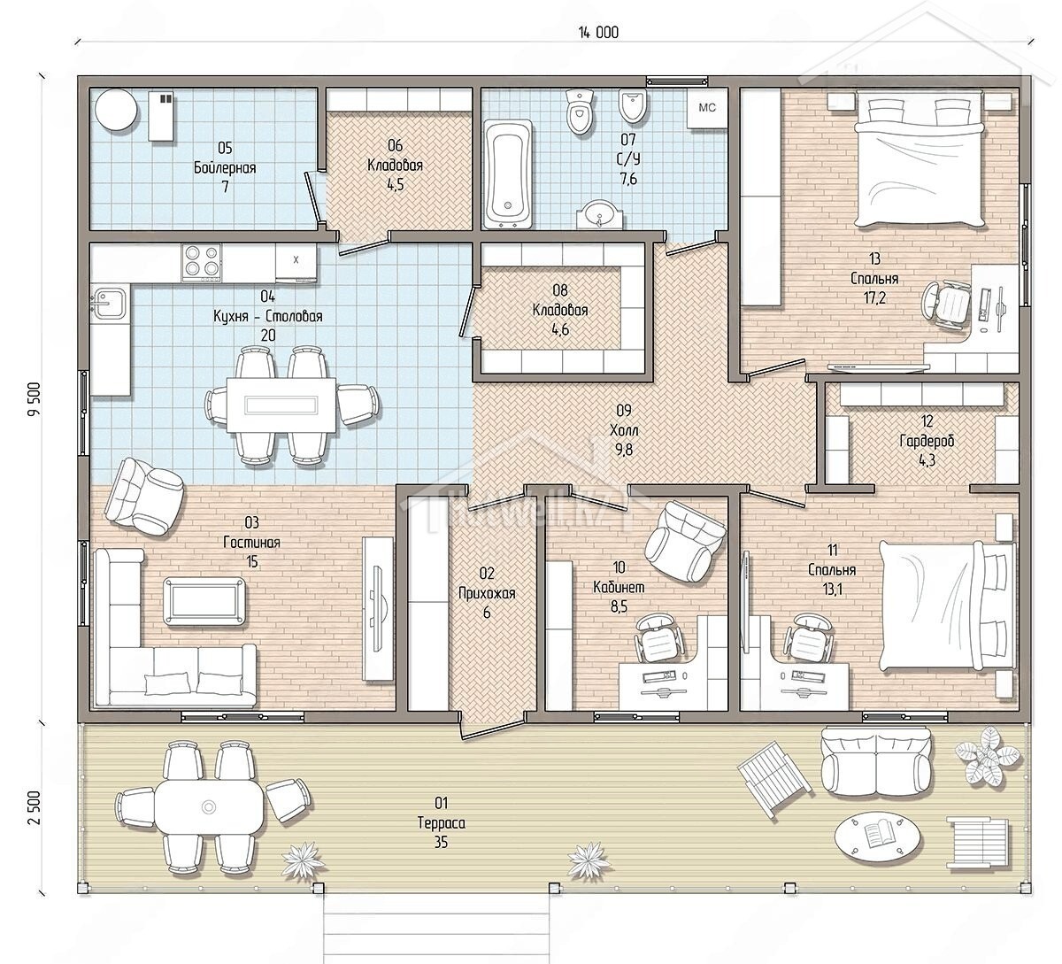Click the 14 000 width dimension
(x=598, y=33)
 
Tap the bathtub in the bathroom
(x=508, y=174)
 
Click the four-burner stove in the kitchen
(x=201, y=263)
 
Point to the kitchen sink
(x=110, y=303)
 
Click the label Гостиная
(x=251, y=543)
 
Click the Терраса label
(x=441, y=823)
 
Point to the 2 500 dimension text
(x=34, y=807)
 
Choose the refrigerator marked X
(x=296, y=262)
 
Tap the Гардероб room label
(x=927, y=441)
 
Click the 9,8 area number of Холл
(x=624, y=450)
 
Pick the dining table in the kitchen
(x=281, y=405)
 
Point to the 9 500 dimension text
(x=34, y=399)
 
